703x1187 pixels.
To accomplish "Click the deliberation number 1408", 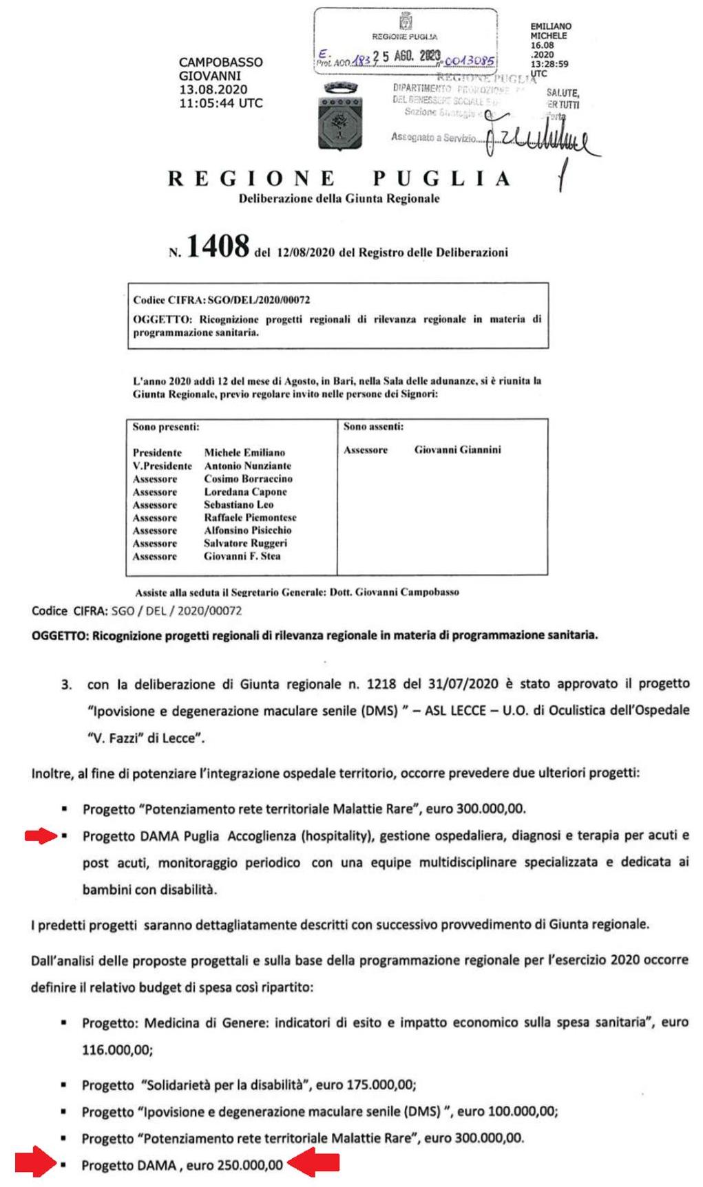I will (217, 246).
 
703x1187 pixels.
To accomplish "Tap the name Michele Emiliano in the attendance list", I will (244, 453).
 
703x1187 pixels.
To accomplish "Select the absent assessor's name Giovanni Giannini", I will (457, 449).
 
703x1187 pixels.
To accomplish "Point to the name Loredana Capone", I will (245, 492).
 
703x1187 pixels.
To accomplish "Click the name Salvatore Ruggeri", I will (245, 543).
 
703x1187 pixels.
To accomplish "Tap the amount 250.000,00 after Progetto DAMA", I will (249, 1165).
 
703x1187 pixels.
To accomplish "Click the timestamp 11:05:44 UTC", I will (220, 103).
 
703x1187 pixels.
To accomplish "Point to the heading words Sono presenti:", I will (166, 427).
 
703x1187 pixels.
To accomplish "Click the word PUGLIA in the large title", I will (441, 179).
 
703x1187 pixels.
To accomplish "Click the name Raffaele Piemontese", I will (250, 517).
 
